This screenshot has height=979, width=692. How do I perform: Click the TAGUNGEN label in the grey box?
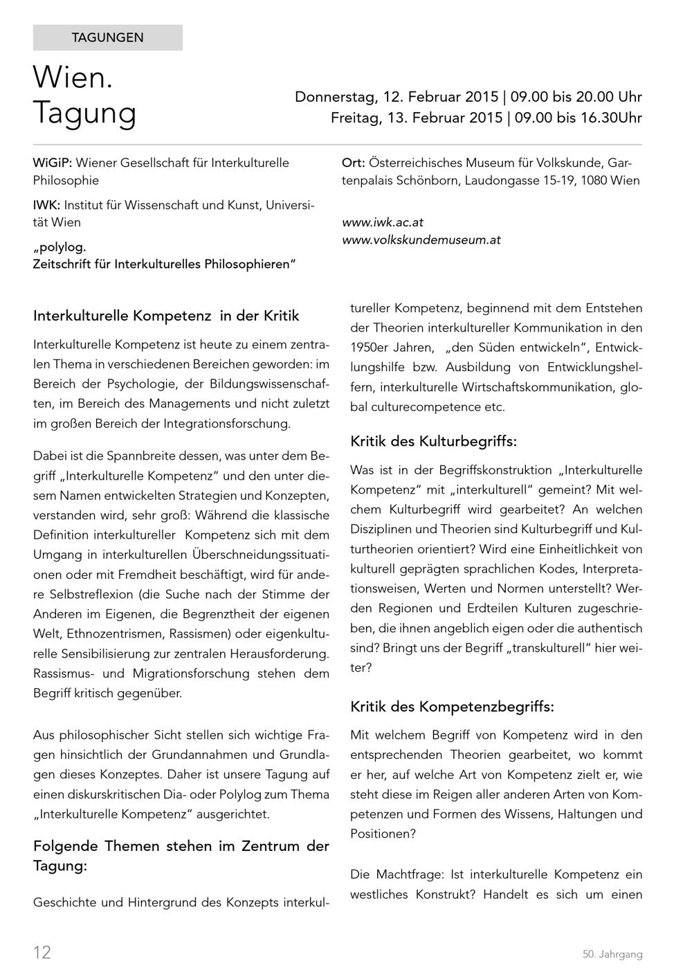(x=107, y=38)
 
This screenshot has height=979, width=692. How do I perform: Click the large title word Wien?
(x=72, y=78)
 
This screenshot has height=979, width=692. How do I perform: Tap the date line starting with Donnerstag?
(x=468, y=96)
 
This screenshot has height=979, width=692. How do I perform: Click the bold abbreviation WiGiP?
(x=53, y=163)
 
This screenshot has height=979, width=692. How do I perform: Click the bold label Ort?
(x=354, y=163)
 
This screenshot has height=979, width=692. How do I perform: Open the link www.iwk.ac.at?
(x=383, y=222)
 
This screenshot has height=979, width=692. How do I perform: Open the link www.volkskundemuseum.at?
(x=421, y=240)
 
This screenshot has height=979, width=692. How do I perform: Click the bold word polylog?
(x=62, y=246)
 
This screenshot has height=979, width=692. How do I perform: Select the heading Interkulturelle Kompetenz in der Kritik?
(x=166, y=316)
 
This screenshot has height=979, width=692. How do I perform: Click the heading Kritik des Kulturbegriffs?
(x=433, y=441)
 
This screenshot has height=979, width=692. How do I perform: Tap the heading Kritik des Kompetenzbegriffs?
(x=452, y=707)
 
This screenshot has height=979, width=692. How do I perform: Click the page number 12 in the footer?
(x=42, y=953)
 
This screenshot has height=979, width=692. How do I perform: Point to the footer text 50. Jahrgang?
(x=612, y=955)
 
